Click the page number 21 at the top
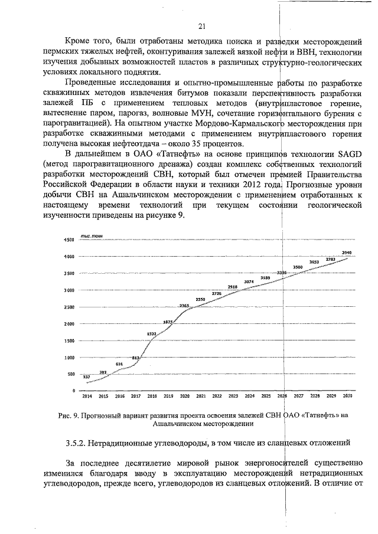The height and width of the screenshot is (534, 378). [201, 26]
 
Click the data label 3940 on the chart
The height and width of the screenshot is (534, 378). [347, 252]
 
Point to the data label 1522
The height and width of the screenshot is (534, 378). [152, 333]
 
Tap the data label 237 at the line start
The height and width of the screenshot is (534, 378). [86, 376]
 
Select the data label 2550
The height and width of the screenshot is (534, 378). [200, 299]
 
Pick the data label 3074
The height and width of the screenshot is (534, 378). [249, 281]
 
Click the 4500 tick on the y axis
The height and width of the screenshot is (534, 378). [68, 240]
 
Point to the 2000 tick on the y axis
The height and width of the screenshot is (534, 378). [68, 324]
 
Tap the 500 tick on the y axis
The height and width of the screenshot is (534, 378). [70, 374]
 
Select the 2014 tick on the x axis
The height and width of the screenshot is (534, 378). [87, 396]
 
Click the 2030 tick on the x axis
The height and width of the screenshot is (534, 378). [347, 396]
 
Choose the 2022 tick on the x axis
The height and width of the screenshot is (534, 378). [217, 396]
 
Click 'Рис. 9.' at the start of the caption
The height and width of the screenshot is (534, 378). [68, 415]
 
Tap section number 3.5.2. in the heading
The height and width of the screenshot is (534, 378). [75, 441]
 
